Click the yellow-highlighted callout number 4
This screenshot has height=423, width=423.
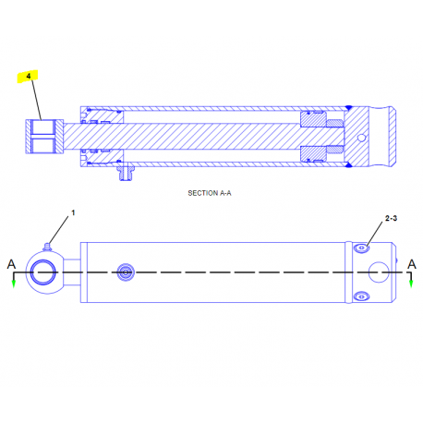(x=29, y=76)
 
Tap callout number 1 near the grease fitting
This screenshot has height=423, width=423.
(x=73, y=212)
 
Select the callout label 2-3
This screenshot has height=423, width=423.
(x=391, y=218)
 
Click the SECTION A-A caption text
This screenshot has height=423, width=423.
(x=210, y=193)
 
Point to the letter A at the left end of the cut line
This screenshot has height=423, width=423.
(x=11, y=264)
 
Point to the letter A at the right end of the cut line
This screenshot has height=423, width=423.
(x=412, y=264)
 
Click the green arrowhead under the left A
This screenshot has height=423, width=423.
(x=14, y=284)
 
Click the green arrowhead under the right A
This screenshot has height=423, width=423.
(x=411, y=284)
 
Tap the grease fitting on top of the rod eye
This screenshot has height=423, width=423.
(x=47, y=247)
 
